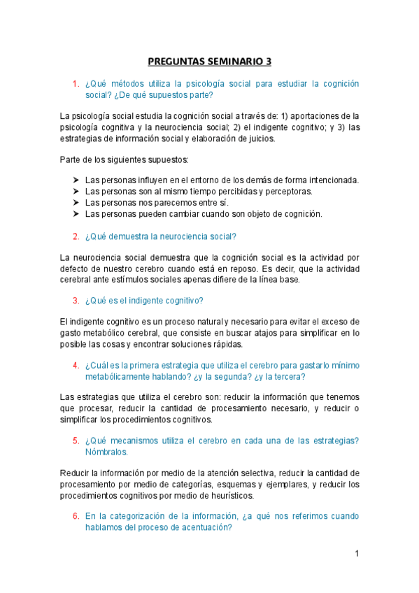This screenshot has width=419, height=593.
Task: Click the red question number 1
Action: [x=75, y=84]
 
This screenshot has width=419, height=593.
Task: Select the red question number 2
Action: [x=75, y=236]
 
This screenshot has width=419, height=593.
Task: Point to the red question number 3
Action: [x=75, y=301]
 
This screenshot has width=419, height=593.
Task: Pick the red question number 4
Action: [x=75, y=365]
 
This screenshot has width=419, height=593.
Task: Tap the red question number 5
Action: [x=75, y=440]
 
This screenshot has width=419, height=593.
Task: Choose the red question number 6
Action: [x=75, y=516]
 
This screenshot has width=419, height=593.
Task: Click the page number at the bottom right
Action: [x=357, y=554]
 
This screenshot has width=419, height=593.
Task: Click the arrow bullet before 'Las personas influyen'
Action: [x=76, y=180]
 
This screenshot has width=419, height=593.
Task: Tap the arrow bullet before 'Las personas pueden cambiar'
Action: [x=76, y=214]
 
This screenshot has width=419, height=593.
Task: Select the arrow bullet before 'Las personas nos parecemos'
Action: [x=76, y=202]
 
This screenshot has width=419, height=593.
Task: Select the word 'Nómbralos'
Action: [x=106, y=452]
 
